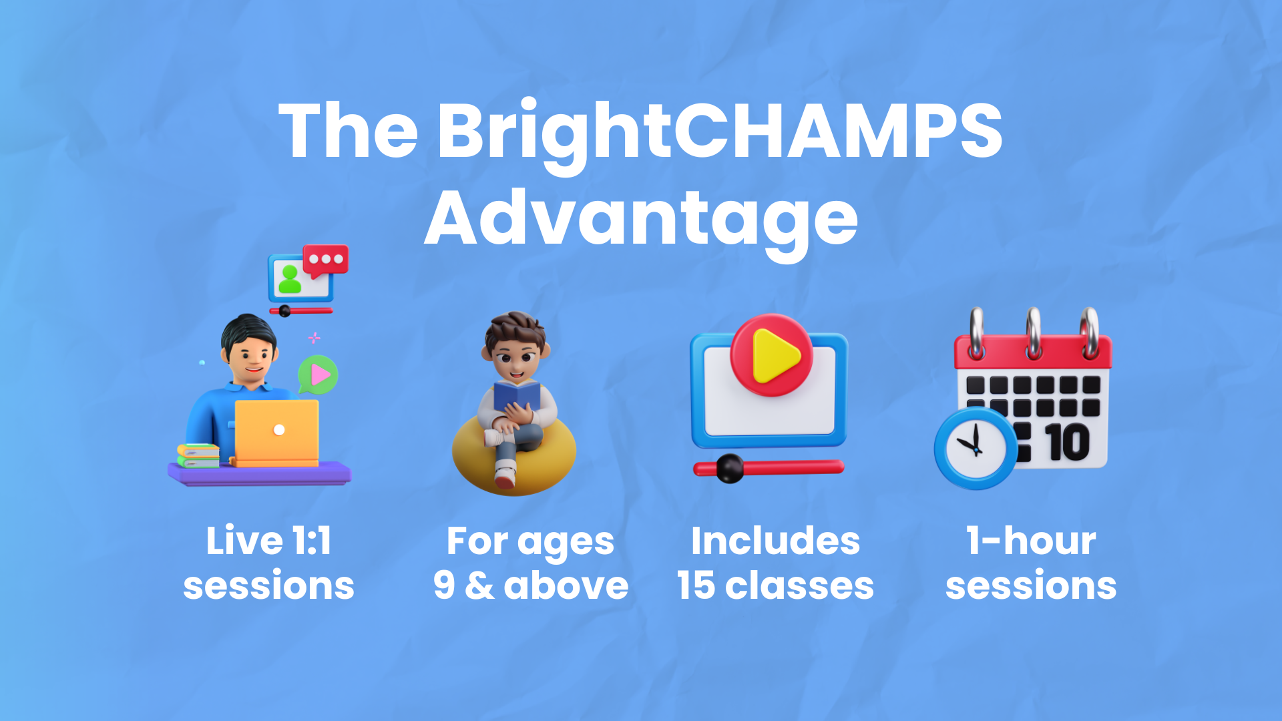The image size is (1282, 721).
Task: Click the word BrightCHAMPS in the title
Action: coord(720,134)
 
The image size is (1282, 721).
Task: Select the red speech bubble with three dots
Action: coord(326,260)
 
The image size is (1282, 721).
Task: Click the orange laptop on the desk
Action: coord(276,433)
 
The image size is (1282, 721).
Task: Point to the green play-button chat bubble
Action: coord(318,375)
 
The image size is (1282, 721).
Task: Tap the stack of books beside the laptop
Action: coord(198,456)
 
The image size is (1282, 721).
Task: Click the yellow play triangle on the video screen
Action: coord(774,356)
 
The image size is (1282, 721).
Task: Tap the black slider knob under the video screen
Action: coord(730,468)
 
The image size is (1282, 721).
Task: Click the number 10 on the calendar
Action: coord(1068,443)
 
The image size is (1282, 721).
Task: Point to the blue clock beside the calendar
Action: coord(976,448)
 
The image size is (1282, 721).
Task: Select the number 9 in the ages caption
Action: coord(444,585)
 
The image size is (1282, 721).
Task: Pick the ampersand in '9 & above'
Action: coord(479,585)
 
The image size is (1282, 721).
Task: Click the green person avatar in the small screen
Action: coord(290,279)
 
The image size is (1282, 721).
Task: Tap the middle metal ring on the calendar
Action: coord(1034,332)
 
